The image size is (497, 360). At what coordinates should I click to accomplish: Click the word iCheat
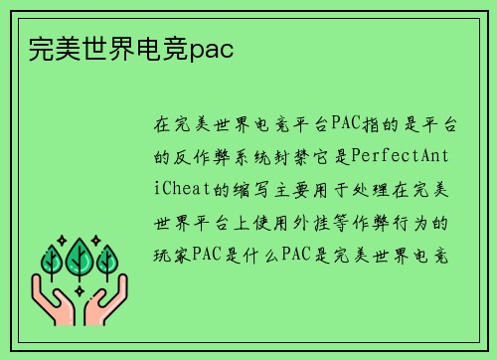click(180, 187)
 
